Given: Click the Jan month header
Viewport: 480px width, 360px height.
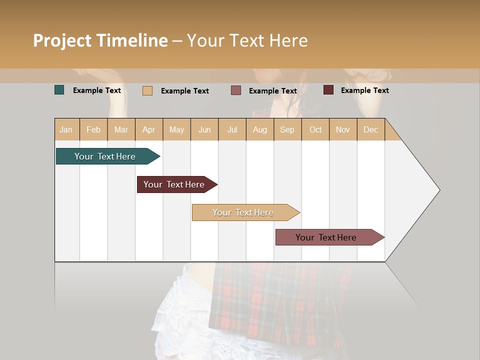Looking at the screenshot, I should (x=66, y=129).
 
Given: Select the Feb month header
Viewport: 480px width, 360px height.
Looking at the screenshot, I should (x=93, y=129).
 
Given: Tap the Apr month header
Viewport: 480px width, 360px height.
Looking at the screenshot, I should (x=149, y=129).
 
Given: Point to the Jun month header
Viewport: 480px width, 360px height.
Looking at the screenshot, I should (x=204, y=129).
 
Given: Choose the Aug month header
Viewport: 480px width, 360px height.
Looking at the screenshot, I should (x=260, y=129).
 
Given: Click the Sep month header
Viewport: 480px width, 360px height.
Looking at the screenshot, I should (x=287, y=129).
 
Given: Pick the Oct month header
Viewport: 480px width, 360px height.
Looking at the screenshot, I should (x=315, y=129).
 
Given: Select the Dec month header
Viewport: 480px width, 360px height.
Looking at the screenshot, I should (x=371, y=129).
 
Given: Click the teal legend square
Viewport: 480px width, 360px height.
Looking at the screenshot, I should (x=59, y=90).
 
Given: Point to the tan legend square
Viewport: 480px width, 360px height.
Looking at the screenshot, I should (x=147, y=90).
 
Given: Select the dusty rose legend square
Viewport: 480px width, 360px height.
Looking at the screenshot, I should (x=236, y=90).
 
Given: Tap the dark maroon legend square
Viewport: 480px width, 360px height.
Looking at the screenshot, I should (x=328, y=90).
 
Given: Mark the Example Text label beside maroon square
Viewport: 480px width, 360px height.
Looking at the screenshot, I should (x=364, y=90).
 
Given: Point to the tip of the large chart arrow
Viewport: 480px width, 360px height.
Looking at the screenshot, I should (x=439, y=190).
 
